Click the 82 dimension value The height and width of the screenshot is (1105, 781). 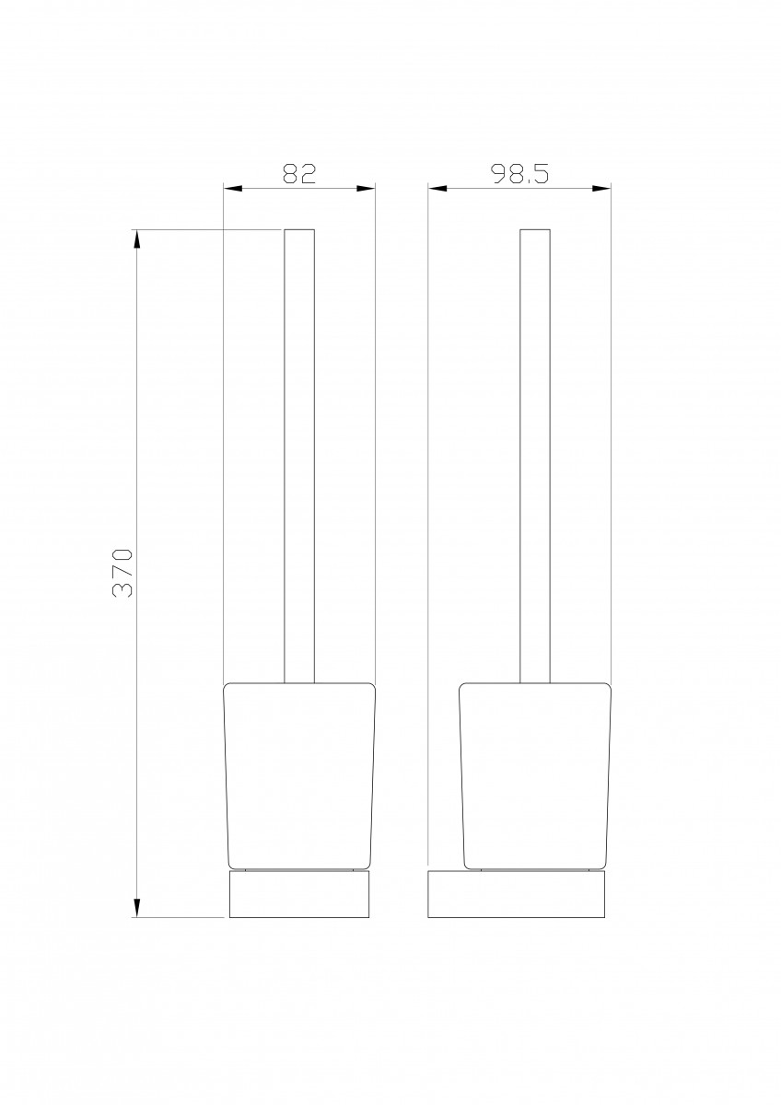click(x=298, y=173)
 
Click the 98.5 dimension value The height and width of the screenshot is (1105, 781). click(x=519, y=173)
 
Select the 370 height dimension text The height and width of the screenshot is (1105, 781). click(x=122, y=573)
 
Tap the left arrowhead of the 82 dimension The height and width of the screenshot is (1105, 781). click(x=233, y=188)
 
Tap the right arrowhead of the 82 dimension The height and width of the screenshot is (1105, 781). click(x=366, y=188)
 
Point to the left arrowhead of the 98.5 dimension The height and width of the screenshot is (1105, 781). click(x=437, y=188)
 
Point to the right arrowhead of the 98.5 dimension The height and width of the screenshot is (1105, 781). click(x=601, y=188)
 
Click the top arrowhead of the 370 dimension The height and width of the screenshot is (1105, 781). click(x=137, y=239)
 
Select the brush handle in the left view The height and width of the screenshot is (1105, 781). click(x=299, y=457)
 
